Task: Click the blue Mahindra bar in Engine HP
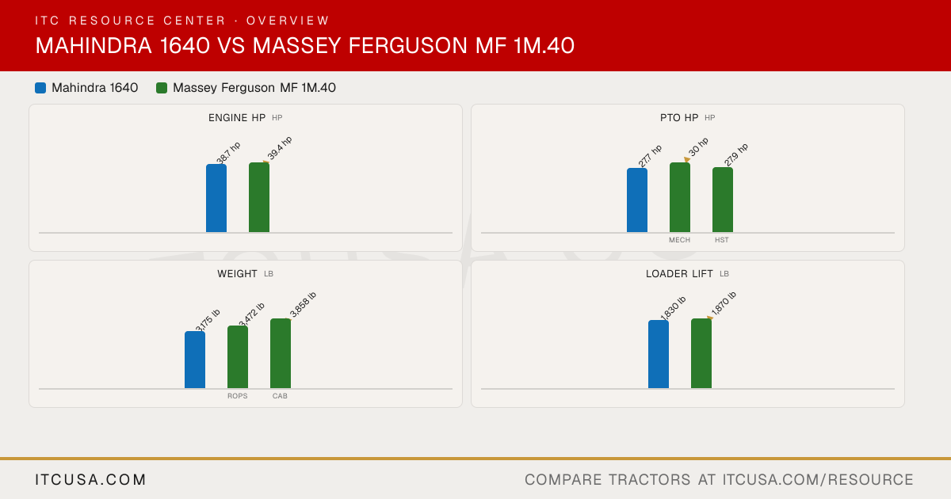click(216, 198)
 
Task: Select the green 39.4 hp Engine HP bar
click(259, 197)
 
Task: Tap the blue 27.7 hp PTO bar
click(637, 200)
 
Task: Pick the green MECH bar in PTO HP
click(680, 197)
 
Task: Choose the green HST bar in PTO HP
click(723, 200)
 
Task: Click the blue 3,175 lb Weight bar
click(195, 360)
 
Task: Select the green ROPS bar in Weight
click(238, 357)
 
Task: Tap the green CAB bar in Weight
click(281, 353)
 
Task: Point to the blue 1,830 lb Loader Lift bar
click(659, 354)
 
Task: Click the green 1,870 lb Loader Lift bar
click(701, 353)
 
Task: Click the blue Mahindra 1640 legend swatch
click(40, 88)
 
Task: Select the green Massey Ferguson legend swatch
click(162, 88)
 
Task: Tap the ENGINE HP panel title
click(237, 117)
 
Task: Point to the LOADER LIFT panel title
click(679, 274)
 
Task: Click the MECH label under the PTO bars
click(679, 240)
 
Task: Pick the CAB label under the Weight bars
click(280, 396)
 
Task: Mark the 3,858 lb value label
click(303, 305)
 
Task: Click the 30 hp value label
click(698, 147)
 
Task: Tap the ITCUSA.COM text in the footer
click(90, 479)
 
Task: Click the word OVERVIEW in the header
click(288, 21)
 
